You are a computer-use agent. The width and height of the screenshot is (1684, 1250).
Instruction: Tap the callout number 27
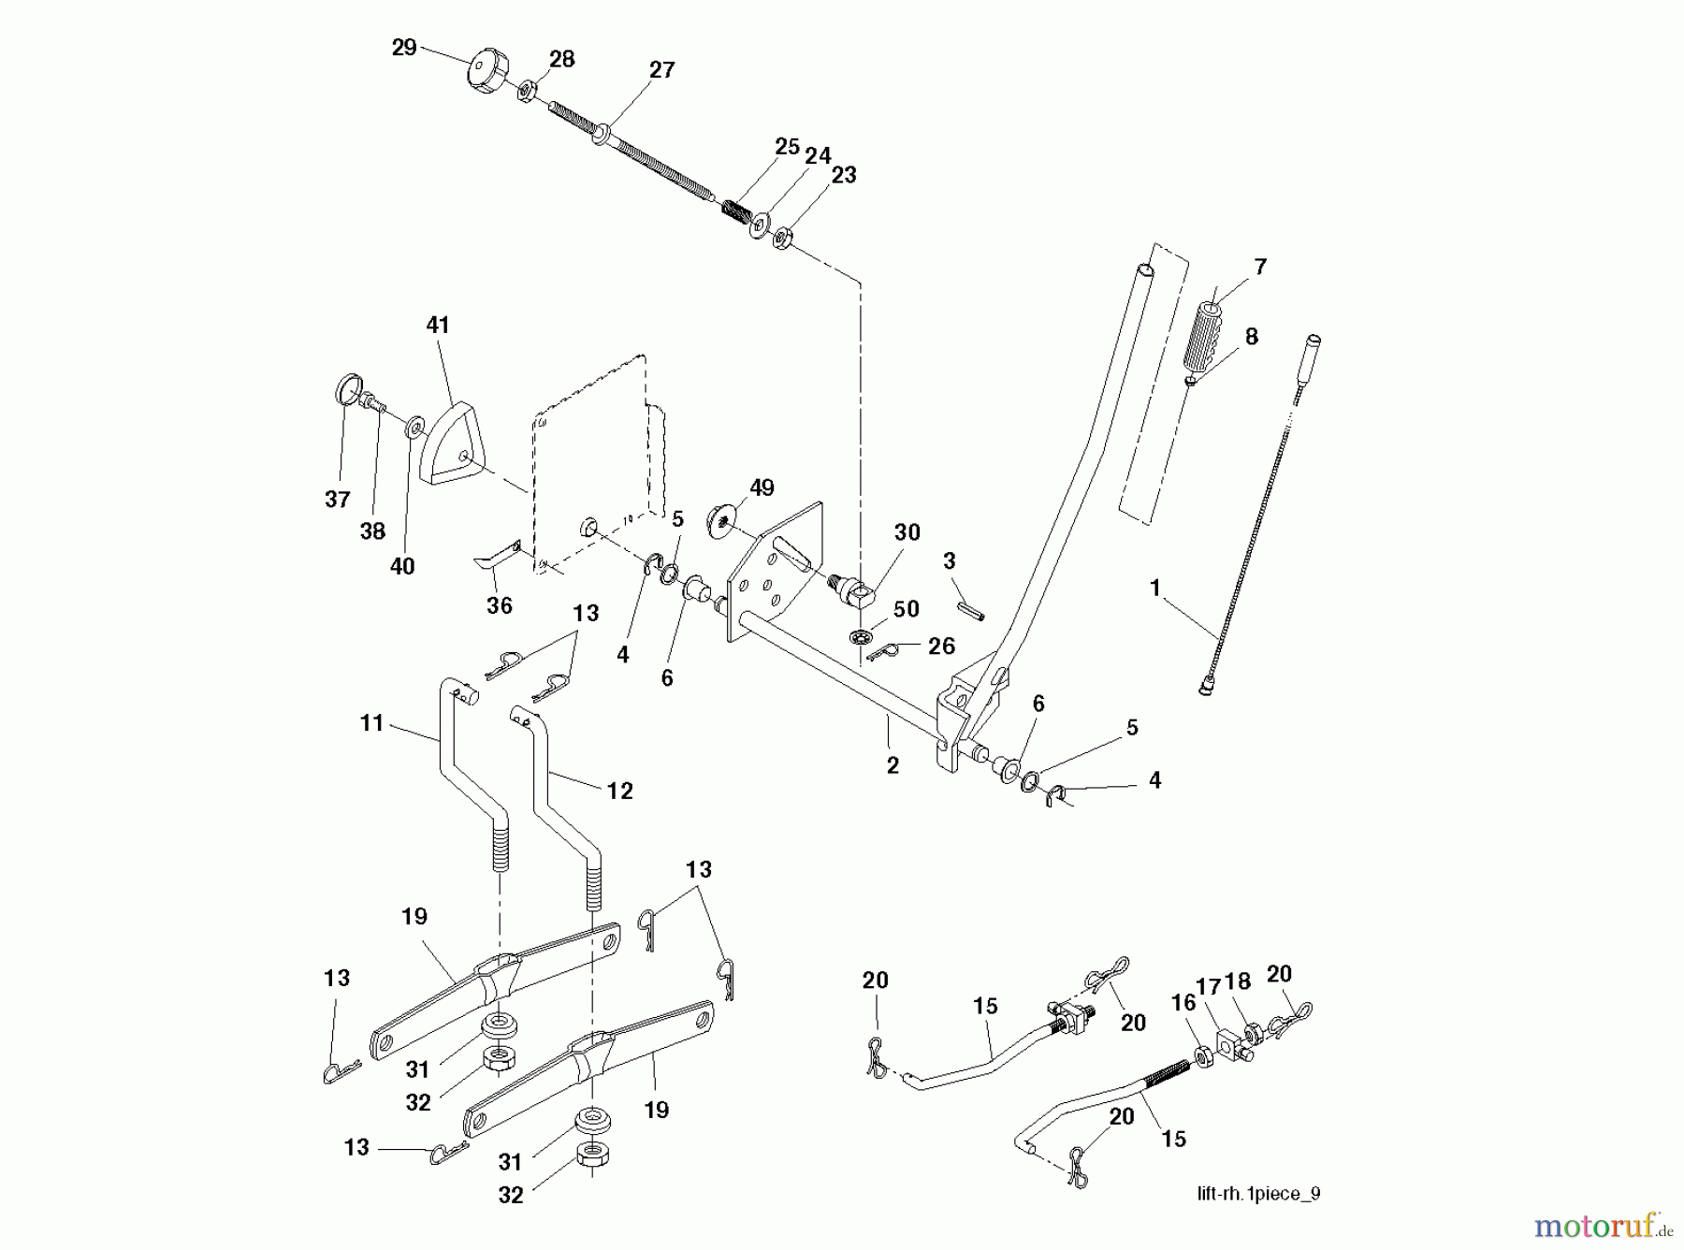click(x=661, y=70)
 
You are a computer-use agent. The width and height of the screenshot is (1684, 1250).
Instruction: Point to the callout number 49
click(x=762, y=487)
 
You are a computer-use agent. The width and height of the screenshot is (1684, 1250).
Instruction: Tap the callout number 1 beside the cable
click(x=1154, y=588)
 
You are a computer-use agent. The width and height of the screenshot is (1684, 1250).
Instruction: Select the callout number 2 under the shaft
click(x=893, y=765)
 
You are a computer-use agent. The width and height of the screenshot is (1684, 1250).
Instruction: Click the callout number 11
click(x=372, y=722)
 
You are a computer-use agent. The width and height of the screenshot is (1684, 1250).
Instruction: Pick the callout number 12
click(x=619, y=791)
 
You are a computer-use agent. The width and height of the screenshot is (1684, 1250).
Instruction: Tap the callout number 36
click(x=500, y=605)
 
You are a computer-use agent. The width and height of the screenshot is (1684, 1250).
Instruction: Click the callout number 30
click(x=907, y=531)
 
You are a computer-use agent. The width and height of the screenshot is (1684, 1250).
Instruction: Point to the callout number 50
click(x=906, y=608)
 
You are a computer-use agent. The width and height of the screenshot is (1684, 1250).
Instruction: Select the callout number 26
click(x=941, y=646)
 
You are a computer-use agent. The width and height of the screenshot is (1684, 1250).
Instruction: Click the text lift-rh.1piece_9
click(x=1258, y=1194)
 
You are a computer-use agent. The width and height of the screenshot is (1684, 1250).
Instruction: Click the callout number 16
click(x=1183, y=1002)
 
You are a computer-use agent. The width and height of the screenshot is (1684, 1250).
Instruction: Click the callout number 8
click(x=1251, y=336)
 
